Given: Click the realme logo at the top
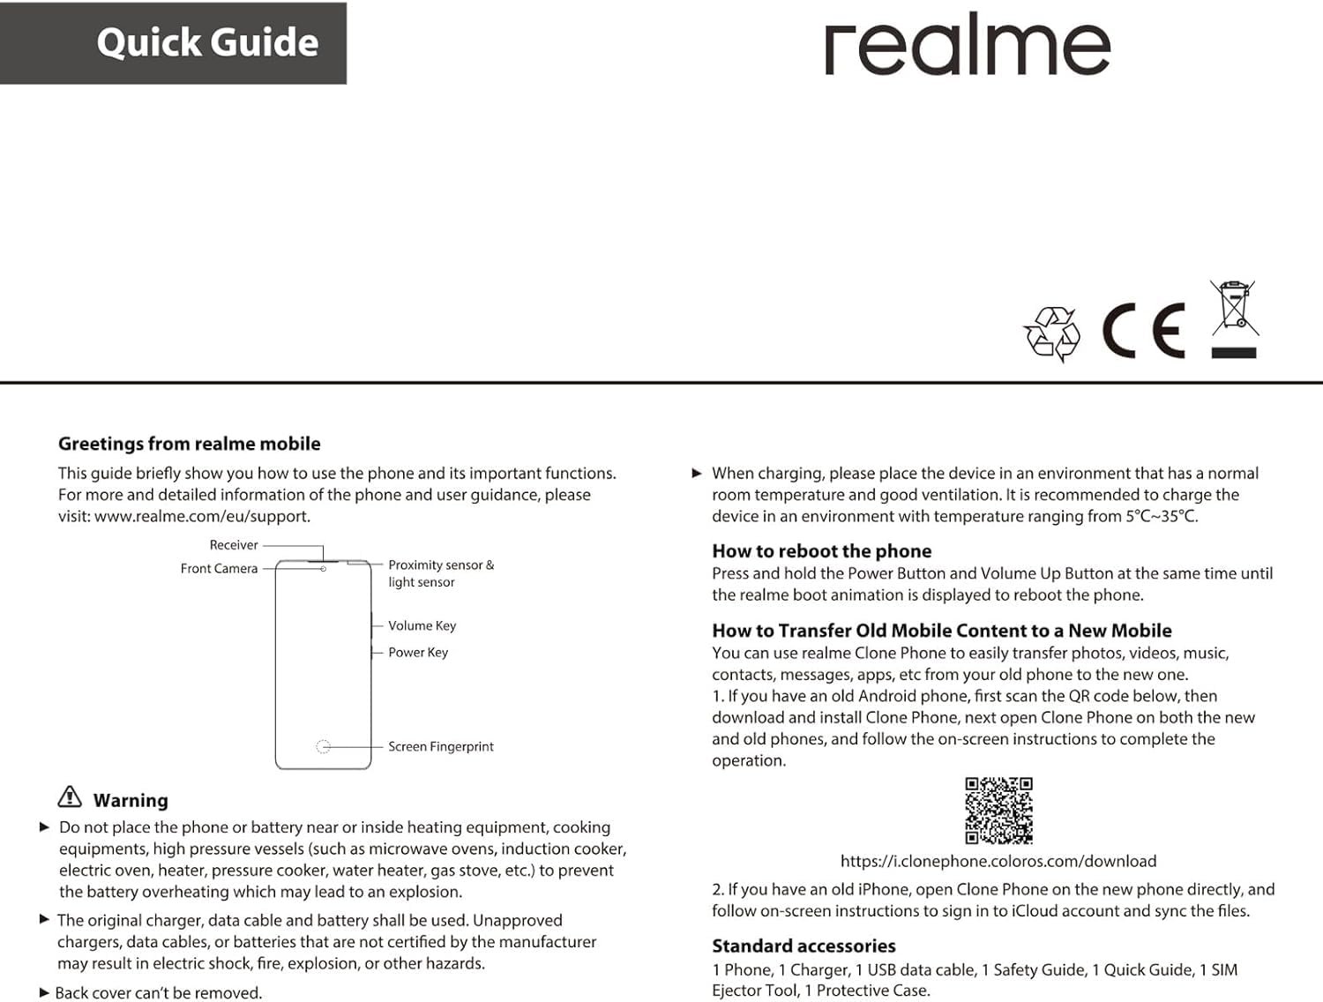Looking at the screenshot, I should click(967, 45).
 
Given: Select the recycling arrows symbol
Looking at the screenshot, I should click(1051, 334).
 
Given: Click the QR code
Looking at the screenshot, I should click(998, 811).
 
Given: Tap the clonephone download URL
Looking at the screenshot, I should click(998, 861).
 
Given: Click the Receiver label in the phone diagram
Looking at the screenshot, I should click(234, 545).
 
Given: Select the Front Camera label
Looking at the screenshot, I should click(219, 569).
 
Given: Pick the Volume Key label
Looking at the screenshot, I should click(422, 625).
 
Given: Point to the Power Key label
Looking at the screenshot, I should click(418, 653).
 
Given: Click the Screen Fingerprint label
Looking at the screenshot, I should click(440, 746).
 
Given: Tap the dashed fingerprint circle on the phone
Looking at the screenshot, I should click(323, 747).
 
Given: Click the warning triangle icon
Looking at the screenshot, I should click(70, 796).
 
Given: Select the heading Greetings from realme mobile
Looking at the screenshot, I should click(189, 444).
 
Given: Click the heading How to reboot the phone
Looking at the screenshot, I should click(821, 551).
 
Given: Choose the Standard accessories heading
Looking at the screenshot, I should click(804, 946).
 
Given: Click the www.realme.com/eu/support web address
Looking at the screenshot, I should click(201, 516).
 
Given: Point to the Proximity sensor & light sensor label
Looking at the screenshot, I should click(440, 573).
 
